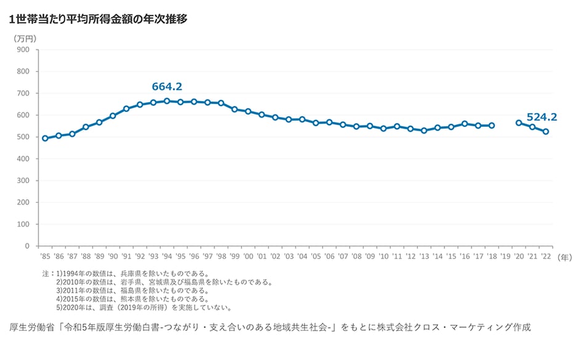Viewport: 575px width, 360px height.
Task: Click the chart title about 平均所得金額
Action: (x=99, y=19)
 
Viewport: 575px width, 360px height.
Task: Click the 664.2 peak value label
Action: (x=167, y=87)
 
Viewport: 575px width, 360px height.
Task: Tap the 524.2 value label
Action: (x=542, y=116)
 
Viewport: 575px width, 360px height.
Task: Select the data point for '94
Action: (x=167, y=101)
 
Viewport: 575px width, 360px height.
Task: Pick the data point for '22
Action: (x=545, y=132)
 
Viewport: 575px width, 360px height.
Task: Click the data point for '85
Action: (x=45, y=138)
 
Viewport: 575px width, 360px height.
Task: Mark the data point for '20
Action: (x=518, y=123)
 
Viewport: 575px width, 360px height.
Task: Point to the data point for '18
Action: (x=491, y=126)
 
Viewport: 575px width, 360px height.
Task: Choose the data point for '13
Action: (x=424, y=130)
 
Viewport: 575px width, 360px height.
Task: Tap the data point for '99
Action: (x=235, y=110)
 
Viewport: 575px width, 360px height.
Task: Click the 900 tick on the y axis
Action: (x=23, y=50)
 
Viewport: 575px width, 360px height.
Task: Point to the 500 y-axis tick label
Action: (x=23, y=137)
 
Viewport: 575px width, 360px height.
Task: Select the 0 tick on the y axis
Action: (x=27, y=246)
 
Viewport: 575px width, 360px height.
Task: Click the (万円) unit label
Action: (x=25, y=38)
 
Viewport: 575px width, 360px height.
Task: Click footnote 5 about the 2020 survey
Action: (x=143, y=308)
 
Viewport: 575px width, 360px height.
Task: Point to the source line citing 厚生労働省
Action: (x=270, y=327)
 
